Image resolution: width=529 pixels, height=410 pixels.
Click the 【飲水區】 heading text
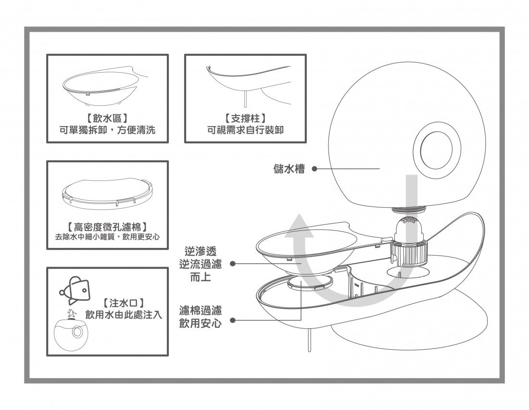coord(107,118)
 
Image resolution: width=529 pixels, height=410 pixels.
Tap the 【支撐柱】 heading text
coord(245,118)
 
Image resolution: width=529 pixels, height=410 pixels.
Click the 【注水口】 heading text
coord(124,303)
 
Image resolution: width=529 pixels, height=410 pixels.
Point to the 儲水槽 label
coord(289,169)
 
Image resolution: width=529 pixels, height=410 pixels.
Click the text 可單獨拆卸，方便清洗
coord(107,130)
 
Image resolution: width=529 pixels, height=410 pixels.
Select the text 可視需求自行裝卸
coord(245,130)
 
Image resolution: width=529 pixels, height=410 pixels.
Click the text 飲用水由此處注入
coord(124,315)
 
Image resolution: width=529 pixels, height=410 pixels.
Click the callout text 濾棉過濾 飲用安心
coord(201,317)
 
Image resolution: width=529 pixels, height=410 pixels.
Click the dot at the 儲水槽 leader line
coord(314,169)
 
